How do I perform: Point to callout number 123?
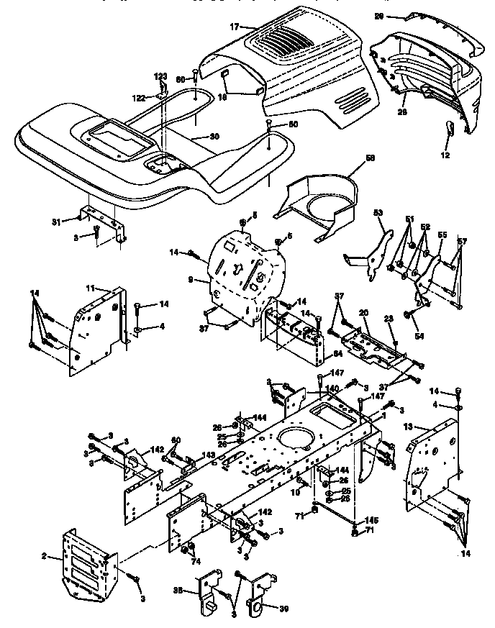160,76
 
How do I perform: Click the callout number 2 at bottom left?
45,556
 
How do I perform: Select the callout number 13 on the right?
407,427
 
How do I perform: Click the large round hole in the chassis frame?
294,437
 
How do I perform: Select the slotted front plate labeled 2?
88,561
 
